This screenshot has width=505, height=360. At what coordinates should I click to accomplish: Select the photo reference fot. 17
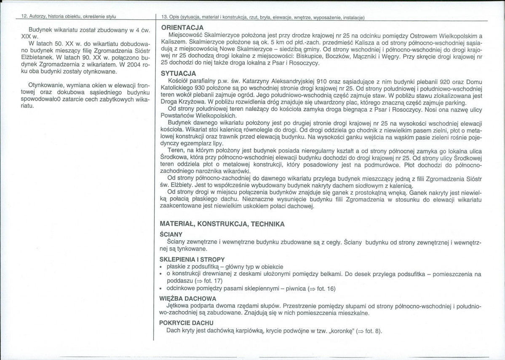(212, 280)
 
